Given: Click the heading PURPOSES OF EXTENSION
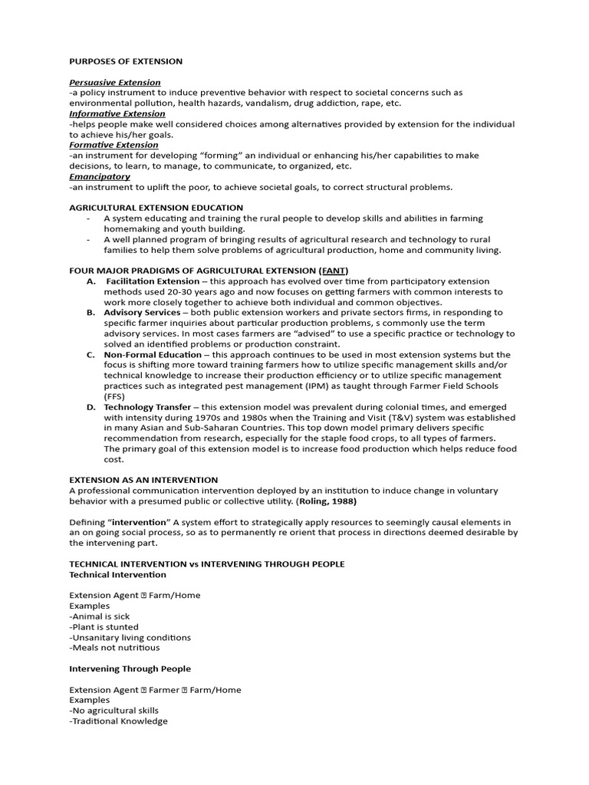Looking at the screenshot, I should [126, 61].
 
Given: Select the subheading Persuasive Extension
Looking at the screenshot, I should [115, 82].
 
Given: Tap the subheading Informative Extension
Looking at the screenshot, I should [117, 113].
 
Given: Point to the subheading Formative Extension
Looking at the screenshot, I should [114, 145].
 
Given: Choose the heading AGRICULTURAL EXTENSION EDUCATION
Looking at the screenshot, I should [156, 208].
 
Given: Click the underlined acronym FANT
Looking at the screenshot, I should [333, 271].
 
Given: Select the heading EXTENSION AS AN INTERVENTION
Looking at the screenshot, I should [143, 480].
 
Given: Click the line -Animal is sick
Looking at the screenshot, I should [100, 616].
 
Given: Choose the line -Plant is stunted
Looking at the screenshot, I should [104, 626].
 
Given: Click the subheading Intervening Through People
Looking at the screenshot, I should [130, 668].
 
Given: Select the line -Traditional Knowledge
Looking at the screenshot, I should [118, 721].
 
